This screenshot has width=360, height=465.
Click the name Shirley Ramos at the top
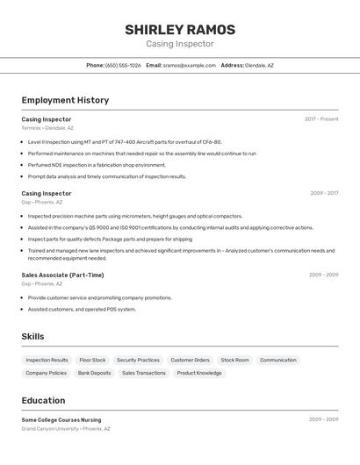(x=179, y=29)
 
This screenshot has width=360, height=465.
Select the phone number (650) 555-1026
(x=123, y=65)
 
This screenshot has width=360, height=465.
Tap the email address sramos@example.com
(x=189, y=65)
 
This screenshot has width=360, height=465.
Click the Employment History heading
(x=65, y=100)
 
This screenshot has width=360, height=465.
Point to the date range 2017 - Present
(x=321, y=119)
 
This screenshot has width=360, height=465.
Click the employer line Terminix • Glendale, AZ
(x=47, y=128)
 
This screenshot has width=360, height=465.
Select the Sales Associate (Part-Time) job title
(x=62, y=275)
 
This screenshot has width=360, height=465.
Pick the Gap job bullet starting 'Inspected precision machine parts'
(x=135, y=216)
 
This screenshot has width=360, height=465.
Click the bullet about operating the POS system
(x=82, y=309)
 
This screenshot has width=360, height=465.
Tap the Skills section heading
(x=32, y=336)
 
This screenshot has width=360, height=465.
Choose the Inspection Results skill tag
(x=47, y=360)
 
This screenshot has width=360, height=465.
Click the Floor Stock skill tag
(x=92, y=360)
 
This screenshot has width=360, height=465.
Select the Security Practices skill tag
(x=138, y=360)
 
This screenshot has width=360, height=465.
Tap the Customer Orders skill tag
(x=190, y=360)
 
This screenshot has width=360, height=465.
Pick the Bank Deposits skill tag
(x=94, y=373)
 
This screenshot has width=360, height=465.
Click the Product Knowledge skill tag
(x=199, y=373)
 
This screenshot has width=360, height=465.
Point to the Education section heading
(x=43, y=400)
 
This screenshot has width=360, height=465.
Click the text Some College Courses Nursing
(x=61, y=419)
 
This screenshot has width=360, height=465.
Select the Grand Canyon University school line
(x=66, y=429)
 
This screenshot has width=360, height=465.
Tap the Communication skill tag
(x=278, y=360)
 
